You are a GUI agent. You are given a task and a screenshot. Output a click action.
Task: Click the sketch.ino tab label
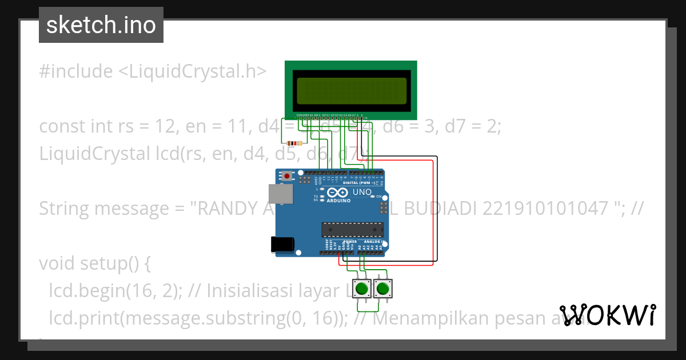(x=101, y=25)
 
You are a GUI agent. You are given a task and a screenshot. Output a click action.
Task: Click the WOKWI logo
(x=608, y=315)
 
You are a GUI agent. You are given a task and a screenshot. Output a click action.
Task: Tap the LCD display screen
(x=352, y=90)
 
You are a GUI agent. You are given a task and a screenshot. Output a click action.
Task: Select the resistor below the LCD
(x=294, y=143)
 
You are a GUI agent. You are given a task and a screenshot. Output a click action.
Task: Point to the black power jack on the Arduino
(x=284, y=244)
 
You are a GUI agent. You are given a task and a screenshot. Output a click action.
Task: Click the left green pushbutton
(x=361, y=289)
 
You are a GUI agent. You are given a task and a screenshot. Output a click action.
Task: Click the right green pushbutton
(x=382, y=289)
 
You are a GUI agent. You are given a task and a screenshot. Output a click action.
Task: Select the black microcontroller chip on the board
(x=350, y=230)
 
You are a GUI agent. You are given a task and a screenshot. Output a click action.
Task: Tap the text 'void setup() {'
(x=94, y=263)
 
